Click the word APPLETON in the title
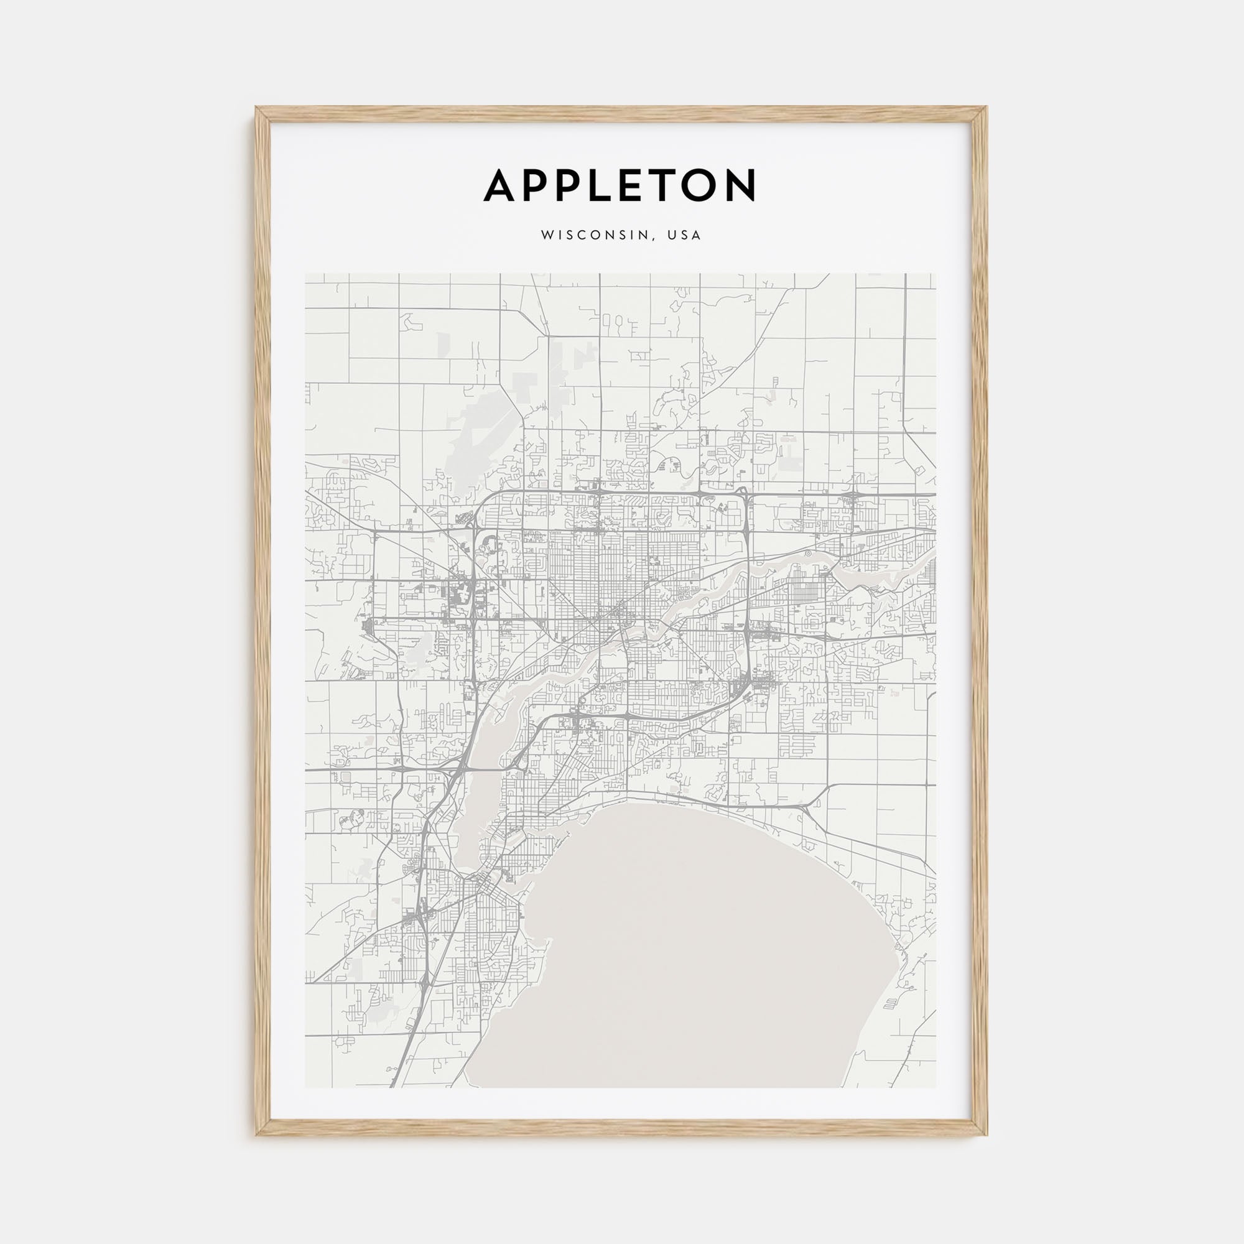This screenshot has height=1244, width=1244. (620, 184)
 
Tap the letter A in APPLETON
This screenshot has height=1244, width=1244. (501, 185)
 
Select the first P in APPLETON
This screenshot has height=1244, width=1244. (539, 185)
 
